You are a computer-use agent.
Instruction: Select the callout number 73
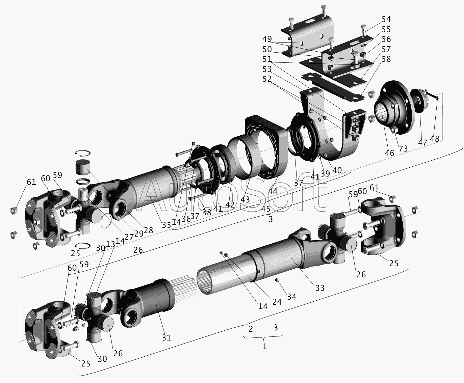[403, 148]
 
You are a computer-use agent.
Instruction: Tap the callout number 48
[435, 138]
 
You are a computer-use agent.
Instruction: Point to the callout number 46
[389, 153]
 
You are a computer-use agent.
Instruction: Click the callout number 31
[166, 337]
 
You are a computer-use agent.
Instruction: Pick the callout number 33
[319, 288]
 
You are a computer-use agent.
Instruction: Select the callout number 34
[291, 297]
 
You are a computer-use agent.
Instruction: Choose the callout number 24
[277, 302]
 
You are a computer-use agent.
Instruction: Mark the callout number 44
[273, 191]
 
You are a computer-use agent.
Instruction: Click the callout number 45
[266, 209]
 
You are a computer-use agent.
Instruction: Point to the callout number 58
[386, 59]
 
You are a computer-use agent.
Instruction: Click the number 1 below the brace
[265, 347]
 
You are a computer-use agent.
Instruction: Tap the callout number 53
[267, 69]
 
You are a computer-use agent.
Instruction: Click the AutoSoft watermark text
[233, 196]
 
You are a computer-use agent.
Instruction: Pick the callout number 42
[230, 204]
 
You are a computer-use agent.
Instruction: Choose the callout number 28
[148, 230]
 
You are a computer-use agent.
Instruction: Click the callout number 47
[423, 142]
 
